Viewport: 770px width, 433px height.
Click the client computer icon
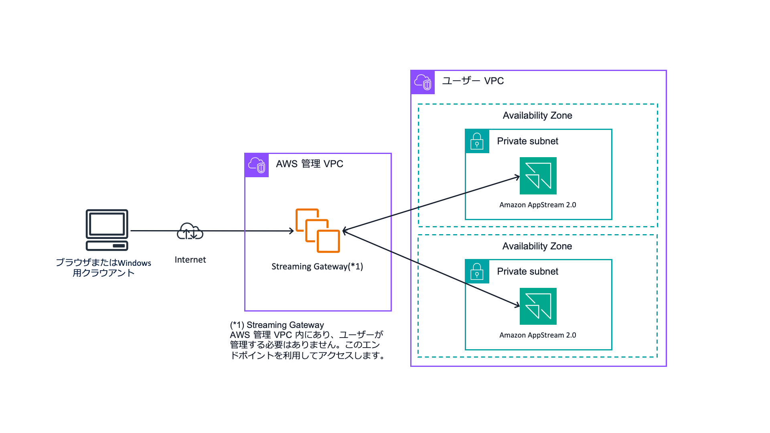click(107, 230)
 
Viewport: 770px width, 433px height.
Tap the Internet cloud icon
click(190, 231)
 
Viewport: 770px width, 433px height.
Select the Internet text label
click(190, 260)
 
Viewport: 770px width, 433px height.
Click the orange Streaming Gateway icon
click(318, 231)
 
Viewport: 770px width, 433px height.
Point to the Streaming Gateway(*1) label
click(317, 267)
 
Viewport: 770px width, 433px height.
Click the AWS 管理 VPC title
click(309, 164)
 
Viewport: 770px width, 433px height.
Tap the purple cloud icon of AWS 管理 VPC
click(257, 165)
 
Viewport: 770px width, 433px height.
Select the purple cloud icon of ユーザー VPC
click(423, 82)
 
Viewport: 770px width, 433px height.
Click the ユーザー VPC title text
click(472, 81)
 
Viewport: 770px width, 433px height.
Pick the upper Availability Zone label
click(537, 115)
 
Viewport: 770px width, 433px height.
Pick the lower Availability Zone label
click(537, 246)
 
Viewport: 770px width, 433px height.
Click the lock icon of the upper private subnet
click(477, 141)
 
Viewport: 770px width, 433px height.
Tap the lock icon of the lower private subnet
click(477, 271)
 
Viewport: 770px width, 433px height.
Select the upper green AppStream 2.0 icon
click(538, 176)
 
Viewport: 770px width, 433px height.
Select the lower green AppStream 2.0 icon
click(538, 306)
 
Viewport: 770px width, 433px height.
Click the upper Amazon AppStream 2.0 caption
click(537, 205)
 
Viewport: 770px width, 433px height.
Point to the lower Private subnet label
click(527, 271)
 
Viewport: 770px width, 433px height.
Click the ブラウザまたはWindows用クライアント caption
click(103, 268)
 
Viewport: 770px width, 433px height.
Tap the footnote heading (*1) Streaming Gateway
click(277, 325)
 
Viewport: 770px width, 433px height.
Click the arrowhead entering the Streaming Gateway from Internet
click(292, 231)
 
